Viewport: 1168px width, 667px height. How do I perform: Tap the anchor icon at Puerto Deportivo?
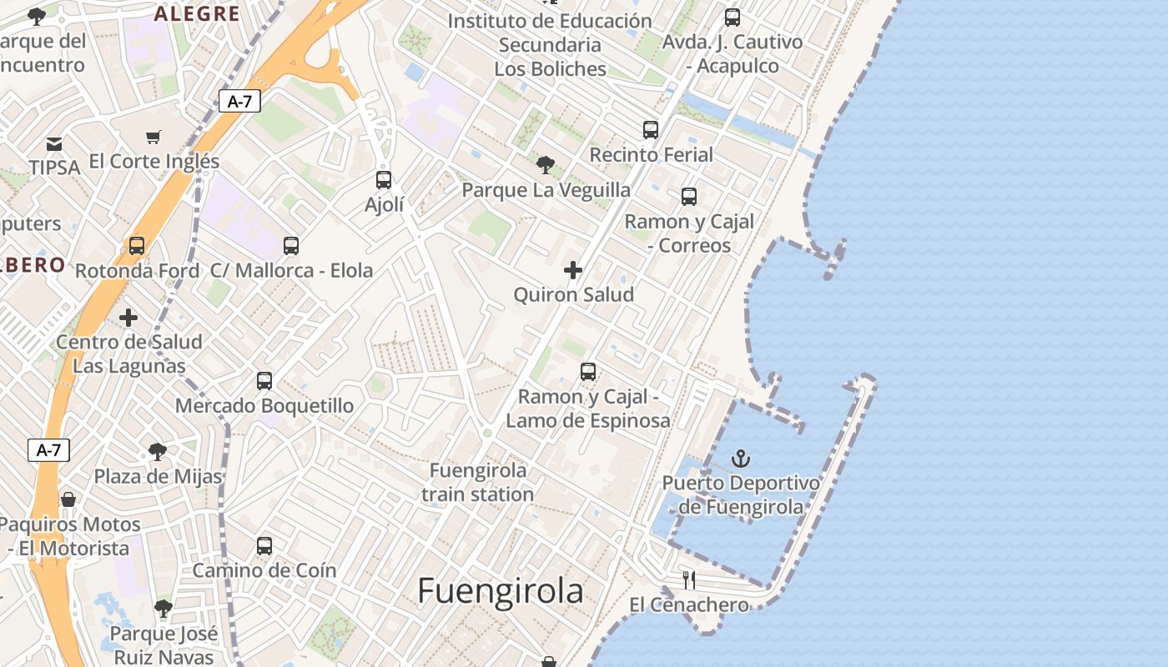pos(740,459)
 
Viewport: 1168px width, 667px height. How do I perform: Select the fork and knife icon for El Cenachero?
pos(689,579)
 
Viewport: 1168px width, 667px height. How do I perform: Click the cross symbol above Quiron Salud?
pos(573,270)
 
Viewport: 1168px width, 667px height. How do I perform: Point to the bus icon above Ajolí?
pos(384,179)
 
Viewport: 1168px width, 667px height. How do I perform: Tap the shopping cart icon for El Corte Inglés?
pos(154,137)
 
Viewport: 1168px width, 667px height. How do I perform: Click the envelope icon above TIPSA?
pos(54,144)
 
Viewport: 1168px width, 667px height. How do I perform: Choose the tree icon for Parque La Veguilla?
pos(546,164)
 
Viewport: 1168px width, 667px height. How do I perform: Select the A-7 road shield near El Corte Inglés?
pos(239,102)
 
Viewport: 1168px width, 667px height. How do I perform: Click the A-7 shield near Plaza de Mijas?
pos(48,450)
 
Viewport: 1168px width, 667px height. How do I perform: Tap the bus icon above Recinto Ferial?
pos(651,130)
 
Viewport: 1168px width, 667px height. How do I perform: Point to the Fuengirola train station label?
pos(478,482)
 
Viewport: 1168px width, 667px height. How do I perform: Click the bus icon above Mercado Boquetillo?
pos(264,381)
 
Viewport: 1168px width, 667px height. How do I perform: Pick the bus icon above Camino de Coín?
pos(264,546)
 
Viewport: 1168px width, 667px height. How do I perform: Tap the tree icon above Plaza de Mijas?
pos(157,452)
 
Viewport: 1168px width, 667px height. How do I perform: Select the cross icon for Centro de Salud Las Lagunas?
pos(128,318)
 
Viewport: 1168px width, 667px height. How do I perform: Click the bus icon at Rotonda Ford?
pos(137,246)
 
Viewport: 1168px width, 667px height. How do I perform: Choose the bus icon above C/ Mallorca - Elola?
pos(291,246)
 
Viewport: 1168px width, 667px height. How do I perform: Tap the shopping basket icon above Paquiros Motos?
pos(68,499)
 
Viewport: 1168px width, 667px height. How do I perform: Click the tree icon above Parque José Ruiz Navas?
pos(164,609)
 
